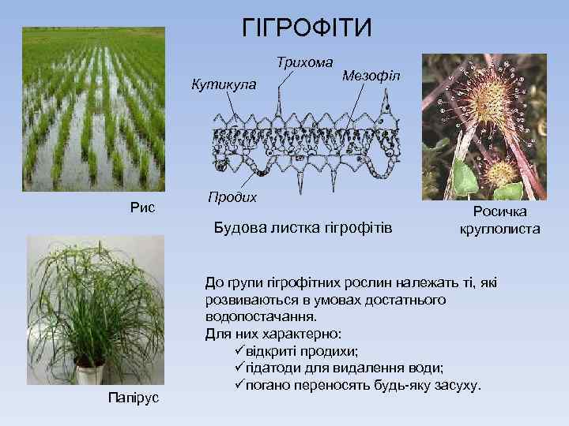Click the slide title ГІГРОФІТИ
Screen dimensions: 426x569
(x=306, y=29)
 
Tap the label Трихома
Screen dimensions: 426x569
(x=304, y=61)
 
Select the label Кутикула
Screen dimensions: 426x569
(x=224, y=84)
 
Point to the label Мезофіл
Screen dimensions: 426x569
(x=372, y=76)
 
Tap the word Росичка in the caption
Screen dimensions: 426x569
(x=499, y=212)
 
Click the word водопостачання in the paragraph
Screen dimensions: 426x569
(x=254, y=316)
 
